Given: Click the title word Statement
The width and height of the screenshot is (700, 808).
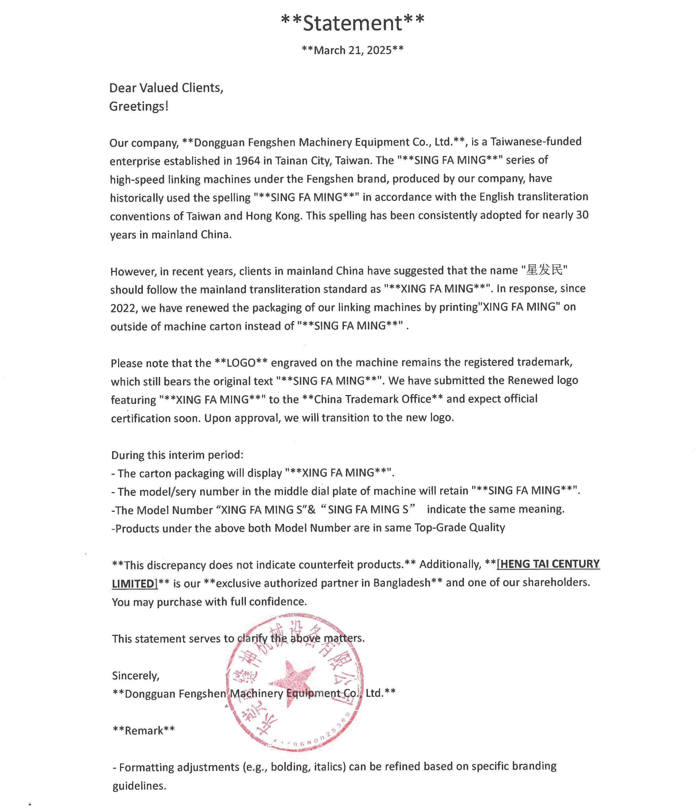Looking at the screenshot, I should [352, 23].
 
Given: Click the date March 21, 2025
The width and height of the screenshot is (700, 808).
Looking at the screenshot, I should [352, 50].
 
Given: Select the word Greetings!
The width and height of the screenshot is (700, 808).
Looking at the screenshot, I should [139, 106].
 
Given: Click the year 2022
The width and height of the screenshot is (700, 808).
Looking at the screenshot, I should [123, 308].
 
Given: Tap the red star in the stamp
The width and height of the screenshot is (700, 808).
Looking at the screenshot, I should [291, 682].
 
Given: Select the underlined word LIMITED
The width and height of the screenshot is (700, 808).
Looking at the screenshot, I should [133, 583].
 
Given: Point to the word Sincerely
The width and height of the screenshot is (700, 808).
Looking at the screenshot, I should [135, 676].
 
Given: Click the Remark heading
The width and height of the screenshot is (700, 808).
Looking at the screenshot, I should [144, 730].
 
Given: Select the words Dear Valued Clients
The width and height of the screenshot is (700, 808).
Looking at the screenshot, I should [166, 88].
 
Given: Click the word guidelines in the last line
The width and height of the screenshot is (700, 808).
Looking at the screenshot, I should [139, 785].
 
